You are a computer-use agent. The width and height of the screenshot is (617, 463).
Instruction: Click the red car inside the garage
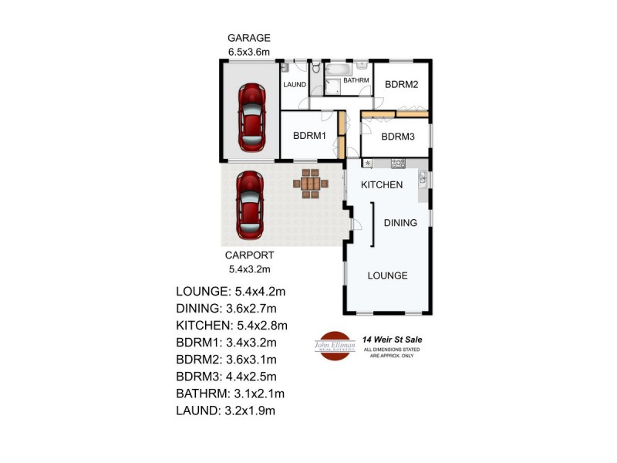251,118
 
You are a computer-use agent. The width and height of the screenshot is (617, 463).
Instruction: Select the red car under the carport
250,206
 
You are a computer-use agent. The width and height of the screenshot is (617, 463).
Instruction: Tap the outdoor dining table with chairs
310,184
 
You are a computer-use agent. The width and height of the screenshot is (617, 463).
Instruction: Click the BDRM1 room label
310,135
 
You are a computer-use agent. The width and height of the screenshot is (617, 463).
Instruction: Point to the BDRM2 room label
401,85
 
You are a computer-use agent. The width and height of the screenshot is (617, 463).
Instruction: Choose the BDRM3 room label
399,137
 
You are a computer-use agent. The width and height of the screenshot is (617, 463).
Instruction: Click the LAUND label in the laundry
295,85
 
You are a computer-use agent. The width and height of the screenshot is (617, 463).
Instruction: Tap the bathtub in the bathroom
339,69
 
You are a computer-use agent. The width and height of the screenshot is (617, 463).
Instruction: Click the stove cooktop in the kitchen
398,163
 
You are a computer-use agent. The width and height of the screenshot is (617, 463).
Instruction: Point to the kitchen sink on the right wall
423,181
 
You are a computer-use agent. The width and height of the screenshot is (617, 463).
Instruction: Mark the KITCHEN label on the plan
383,185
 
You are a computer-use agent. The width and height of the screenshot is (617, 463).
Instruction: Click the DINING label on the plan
400,223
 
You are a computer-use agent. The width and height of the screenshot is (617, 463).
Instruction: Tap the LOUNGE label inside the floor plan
387,275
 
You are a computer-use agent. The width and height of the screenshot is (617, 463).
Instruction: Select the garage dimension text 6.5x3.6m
248,52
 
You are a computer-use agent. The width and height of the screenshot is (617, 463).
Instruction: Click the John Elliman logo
333,345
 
